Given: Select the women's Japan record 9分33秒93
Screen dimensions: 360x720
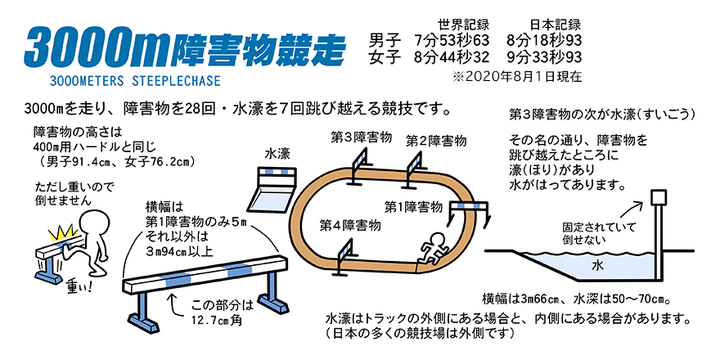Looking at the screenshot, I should click(x=544, y=56).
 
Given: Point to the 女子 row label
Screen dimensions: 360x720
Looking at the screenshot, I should click(x=385, y=56).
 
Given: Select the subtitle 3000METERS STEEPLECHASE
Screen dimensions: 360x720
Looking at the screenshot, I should click(x=134, y=82).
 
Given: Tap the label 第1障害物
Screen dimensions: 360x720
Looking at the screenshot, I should click(x=414, y=205).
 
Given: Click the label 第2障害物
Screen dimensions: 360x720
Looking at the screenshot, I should click(x=436, y=142).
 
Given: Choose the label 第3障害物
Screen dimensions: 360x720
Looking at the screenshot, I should click(x=361, y=136).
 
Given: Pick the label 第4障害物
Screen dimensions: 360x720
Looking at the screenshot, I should click(x=350, y=223).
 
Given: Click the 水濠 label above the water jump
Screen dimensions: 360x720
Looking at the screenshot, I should click(x=278, y=153).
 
